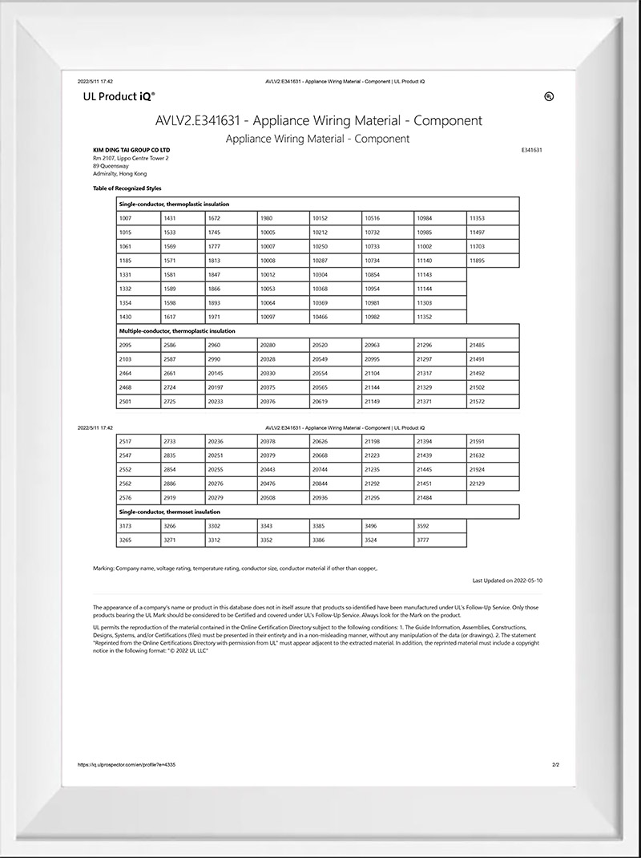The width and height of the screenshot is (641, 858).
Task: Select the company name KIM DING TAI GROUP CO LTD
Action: tap(131, 150)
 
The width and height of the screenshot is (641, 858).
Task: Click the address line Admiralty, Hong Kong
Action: tap(119, 174)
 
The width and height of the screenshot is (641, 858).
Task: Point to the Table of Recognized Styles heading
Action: tap(127, 188)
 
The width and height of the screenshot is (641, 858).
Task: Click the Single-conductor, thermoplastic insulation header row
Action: tap(317, 204)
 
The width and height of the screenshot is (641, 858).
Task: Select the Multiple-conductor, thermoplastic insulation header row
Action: tap(317, 330)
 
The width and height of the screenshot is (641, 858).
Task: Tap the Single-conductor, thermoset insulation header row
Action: tap(317, 512)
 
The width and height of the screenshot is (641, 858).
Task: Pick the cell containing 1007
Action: tap(138, 218)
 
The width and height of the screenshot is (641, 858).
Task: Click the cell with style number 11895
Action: tap(493, 261)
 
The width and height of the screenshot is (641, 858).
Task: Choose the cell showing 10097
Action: tap(283, 317)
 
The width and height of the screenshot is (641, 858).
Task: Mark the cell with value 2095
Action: tap(138, 345)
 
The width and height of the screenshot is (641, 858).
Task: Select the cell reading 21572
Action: tap(493, 401)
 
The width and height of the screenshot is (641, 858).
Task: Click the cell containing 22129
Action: tap(493, 484)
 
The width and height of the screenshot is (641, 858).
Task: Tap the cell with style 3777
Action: tap(439, 540)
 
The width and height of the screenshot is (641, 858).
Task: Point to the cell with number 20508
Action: tap(283, 497)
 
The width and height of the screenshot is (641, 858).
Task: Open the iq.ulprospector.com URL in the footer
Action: tap(127, 765)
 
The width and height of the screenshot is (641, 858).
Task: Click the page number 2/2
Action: tap(555, 765)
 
